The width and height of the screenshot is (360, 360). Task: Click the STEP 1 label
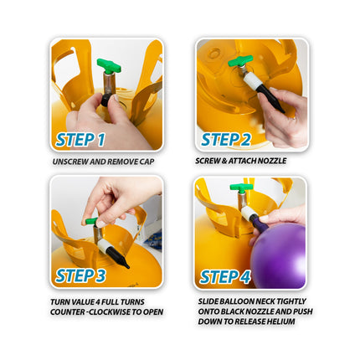(80, 139)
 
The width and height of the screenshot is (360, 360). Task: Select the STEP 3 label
(80, 275)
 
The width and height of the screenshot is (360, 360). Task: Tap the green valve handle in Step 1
(109, 65)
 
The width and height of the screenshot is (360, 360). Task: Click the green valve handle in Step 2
(240, 61)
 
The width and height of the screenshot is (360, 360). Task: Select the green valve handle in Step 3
(91, 222)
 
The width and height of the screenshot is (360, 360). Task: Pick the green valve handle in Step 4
(241, 188)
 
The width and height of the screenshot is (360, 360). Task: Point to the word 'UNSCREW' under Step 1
(66, 160)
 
